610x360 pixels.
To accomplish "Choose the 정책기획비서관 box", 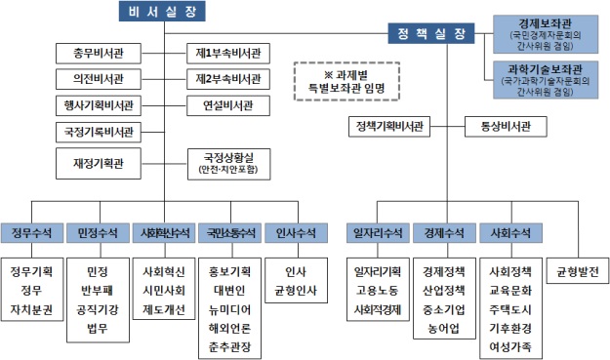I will pos(389,126).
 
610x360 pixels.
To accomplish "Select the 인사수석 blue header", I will pos(295,234).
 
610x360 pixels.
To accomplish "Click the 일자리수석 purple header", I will pos(377,234).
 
